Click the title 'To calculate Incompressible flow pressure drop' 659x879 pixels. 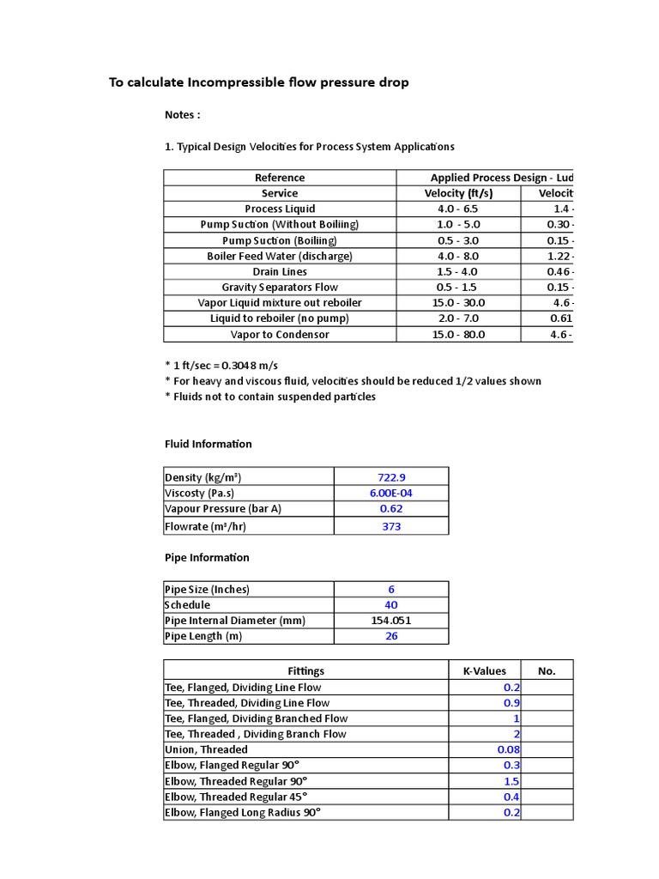(x=258, y=82)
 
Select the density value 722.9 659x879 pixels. (x=391, y=477)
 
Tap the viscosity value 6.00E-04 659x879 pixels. (x=391, y=493)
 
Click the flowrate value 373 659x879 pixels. (x=391, y=526)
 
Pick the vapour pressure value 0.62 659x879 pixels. (x=391, y=509)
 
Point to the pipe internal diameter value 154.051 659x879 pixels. (x=391, y=621)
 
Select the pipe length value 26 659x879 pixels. (x=391, y=637)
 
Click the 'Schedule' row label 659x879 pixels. (x=187, y=605)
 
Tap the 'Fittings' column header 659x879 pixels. (x=306, y=671)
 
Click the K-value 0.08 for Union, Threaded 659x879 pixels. (x=508, y=749)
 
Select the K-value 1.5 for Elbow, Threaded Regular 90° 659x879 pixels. (x=511, y=781)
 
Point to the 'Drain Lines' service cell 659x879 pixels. (x=280, y=272)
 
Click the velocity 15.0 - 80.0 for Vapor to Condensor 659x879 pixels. (x=458, y=335)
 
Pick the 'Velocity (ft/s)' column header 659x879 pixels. (x=458, y=193)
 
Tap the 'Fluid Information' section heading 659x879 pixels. (x=209, y=445)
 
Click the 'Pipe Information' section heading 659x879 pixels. (x=207, y=558)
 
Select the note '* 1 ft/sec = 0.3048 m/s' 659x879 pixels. (x=221, y=366)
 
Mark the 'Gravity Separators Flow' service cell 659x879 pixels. (x=280, y=288)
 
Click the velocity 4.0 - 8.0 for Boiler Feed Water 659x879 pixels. (x=458, y=256)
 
